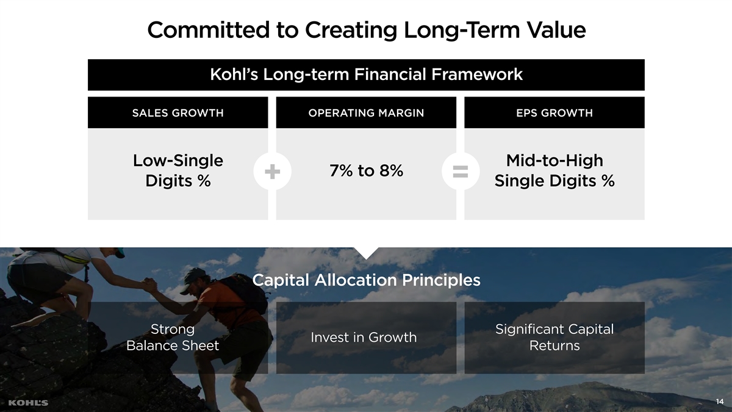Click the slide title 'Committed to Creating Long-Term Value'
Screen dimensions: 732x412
[x=367, y=30]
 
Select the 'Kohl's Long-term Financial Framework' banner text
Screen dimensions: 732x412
[x=367, y=74]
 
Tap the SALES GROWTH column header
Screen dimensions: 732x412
[x=178, y=113]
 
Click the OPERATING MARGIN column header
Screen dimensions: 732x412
[x=366, y=113]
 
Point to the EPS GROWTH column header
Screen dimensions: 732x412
[x=554, y=113]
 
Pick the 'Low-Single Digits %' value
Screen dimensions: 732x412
[x=178, y=171]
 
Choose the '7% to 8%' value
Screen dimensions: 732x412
[x=367, y=170]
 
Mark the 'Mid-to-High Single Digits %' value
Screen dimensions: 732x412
[x=554, y=171]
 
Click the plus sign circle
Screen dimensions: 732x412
[x=272, y=172]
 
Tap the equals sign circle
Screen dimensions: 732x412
[x=461, y=172]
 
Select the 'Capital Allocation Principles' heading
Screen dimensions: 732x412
[x=367, y=280]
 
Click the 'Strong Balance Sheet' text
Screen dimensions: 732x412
[x=173, y=337]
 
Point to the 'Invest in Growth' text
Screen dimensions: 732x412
[x=364, y=338]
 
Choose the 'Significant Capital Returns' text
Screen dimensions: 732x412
[x=554, y=337]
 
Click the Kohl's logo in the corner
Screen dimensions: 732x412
[x=28, y=403]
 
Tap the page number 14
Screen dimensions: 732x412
[x=720, y=402]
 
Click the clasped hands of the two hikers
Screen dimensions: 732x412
[x=149, y=285]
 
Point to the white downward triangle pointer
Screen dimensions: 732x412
[x=366, y=253]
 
